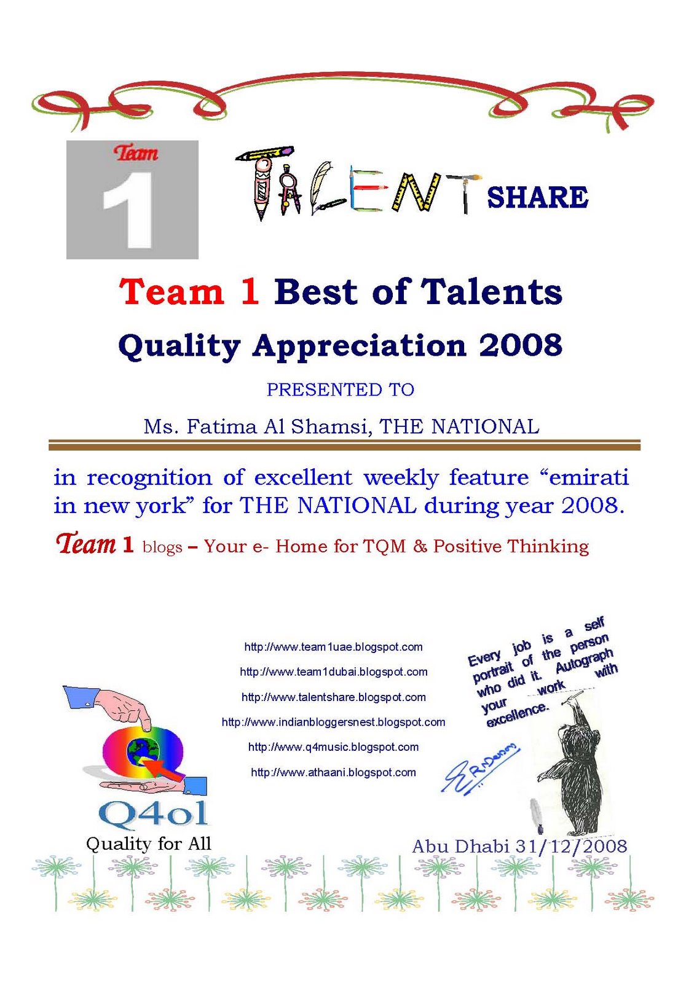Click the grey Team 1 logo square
click(132, 200)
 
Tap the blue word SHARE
click(537, 197)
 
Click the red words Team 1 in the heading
click(189, 291)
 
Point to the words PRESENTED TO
click(341, 390)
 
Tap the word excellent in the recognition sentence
click(303, 477)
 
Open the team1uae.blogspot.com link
click(333, 647)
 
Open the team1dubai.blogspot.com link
click(333, 672)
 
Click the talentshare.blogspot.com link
click(333, 697)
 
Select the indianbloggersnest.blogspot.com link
click(333, 722)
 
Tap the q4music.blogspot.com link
click(333, 747)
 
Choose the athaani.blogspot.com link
click(333, 772)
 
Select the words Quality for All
click(148, 844)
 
